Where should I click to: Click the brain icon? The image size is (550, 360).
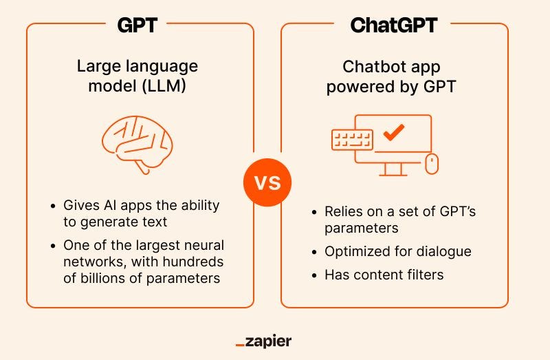click(x=137, y=143)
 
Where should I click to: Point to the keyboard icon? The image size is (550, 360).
click(x=352, y=140)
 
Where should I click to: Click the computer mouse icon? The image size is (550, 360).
click(x=432, y=163)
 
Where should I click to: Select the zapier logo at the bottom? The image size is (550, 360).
click(x=263, y=341)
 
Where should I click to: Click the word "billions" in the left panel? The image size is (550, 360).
click(x=104, y=278)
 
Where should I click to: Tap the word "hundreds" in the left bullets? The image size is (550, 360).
click(x=191, y=262)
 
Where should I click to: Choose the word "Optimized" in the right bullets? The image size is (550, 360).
click(x=356, y=251)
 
